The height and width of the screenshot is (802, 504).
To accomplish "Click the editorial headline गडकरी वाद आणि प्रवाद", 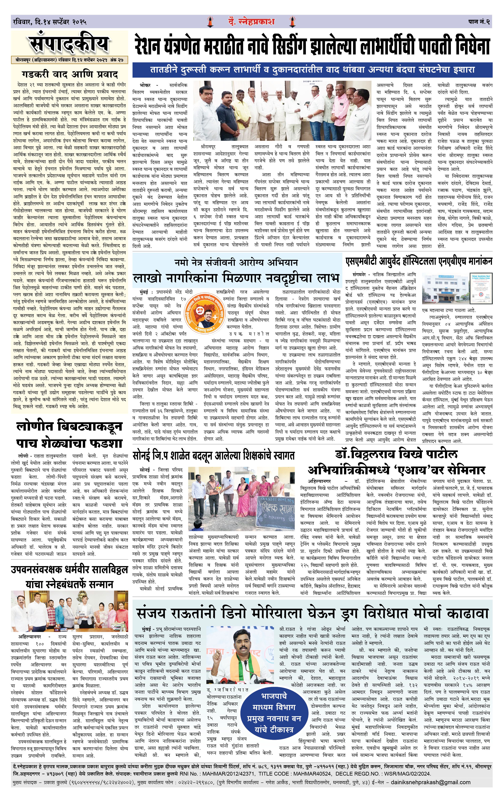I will click(x=70, y=74).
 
